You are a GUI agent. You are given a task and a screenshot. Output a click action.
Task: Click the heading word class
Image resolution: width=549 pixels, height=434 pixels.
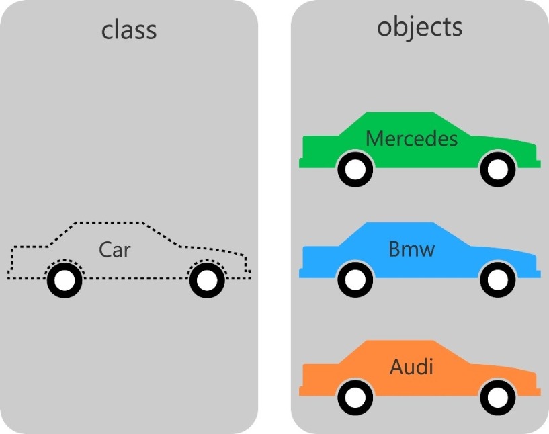(x=129, y=30)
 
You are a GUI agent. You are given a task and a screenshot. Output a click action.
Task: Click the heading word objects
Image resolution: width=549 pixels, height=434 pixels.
(x=419, y=27)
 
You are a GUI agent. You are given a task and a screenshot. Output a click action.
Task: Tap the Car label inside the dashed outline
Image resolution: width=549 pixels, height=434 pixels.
(x=114, y=251)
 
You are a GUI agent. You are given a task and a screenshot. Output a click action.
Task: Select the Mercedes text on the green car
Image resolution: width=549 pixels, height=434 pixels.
(x=411, y=139)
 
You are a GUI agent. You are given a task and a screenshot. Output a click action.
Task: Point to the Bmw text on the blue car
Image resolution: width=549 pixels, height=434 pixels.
(x=411, y=250)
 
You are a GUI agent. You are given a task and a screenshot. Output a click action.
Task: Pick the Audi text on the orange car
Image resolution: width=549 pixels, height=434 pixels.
(x=411, y=367)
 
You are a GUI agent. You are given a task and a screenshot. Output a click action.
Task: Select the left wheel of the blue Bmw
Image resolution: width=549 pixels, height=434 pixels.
(x=354, y=280)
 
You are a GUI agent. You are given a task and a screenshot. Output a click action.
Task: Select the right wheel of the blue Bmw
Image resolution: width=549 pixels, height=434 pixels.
(x=498, y=280)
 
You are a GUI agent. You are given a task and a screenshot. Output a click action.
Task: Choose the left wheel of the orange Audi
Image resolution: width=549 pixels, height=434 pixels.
(x=354, y=398)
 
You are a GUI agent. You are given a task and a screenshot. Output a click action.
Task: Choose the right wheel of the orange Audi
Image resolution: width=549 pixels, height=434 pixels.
(x=498, y=398)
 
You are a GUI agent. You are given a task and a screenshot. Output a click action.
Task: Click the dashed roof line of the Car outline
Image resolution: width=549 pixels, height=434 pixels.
(x=108, y=222)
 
